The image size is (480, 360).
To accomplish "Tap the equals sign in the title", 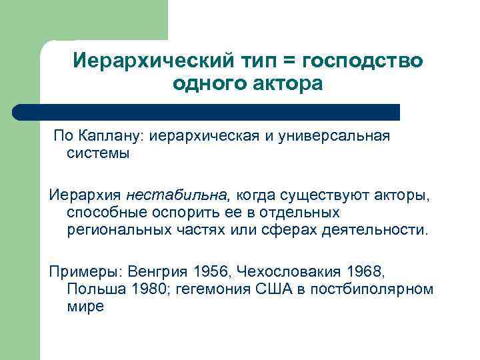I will pyautogui.click(x=289, y=61).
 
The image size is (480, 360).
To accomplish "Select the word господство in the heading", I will pyautogui.click(x=361, y=61).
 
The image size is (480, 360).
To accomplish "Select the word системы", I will pyautogui.click(x=98, y=154).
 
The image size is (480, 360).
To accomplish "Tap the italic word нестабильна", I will pyautogui.click(x=177, y=195).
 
